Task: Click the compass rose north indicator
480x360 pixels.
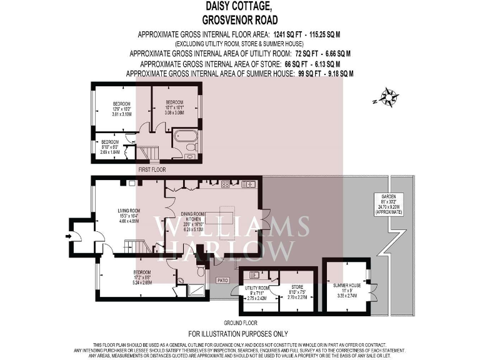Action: pyautogui.click(x=389, y=98)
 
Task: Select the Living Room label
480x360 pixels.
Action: pyautogui.click(x=128, y=214)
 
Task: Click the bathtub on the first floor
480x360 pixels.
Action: pyautogui.click(x=185, y=136)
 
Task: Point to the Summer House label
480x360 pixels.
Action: pyautogui.click(x=345, y=288)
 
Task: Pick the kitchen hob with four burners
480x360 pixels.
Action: pyautogui.click(x=224, y=184)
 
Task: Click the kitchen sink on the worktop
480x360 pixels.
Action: pyautogui.click(x=248, y=184)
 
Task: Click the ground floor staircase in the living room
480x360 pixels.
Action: pyautogui.click(x=135, y=246)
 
